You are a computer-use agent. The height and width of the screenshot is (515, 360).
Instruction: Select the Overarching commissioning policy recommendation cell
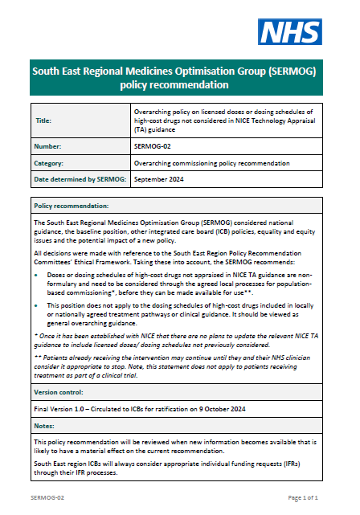click(x=211, y=162)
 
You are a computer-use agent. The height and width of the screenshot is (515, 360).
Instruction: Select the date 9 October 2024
click(x=207, y=410)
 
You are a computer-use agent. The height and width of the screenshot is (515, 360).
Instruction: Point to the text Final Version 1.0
click(x=63, y=410)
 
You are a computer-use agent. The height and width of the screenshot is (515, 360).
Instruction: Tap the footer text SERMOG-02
click(x=45, y=498)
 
